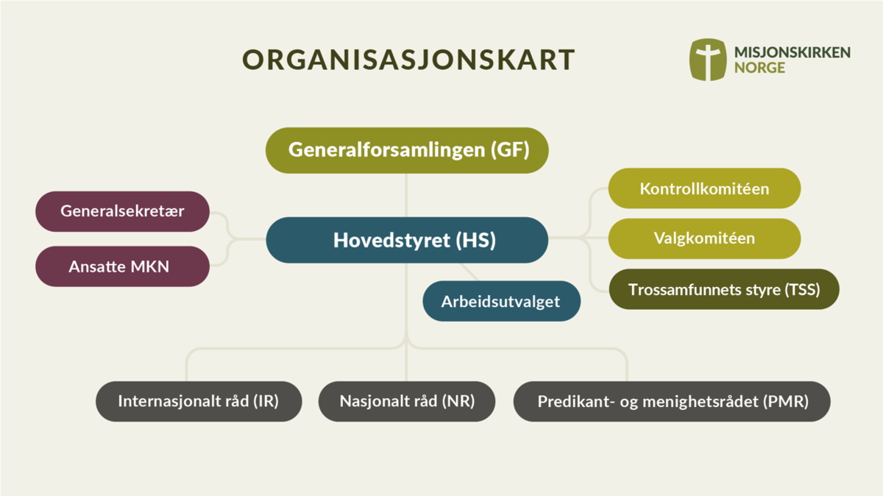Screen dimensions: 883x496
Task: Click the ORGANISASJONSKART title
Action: click(x=408, y=60)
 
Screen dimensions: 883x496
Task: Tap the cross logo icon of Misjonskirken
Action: click(x=708, y=60)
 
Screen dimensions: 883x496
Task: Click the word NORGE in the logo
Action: click(x=759, y=68)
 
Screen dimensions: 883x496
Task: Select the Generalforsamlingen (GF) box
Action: click(x=407, y=150)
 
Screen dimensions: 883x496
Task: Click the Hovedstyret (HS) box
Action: click(x=407, y=240)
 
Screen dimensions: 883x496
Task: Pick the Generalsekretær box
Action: click(x=122, y=211)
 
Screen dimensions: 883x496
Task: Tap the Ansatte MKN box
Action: click(x=122, y=266)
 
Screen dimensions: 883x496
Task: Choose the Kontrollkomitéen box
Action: click(x=704, y=188)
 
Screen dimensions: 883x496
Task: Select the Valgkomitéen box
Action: click(x=704, y=238)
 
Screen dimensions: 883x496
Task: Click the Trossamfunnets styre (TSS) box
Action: click(x=724, y=289)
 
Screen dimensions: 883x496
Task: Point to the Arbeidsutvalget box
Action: click(x=501, y=301)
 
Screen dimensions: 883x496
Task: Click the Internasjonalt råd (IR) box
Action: click(x=199, y=401)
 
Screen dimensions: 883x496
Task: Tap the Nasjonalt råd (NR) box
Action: click(x=407, y=401)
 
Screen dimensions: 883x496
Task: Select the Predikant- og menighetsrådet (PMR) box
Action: click(x=672, y=401)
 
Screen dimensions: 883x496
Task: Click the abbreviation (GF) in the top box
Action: click(x=510, y=150)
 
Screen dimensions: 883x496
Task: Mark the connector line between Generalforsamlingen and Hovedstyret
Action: click(x=406, y=195)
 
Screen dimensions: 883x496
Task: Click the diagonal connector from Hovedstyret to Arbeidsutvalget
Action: click(x=469, y=272)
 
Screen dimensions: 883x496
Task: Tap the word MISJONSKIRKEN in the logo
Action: click(x=792, y=52)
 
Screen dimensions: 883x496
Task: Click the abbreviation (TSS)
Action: click(x=802, y=290)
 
